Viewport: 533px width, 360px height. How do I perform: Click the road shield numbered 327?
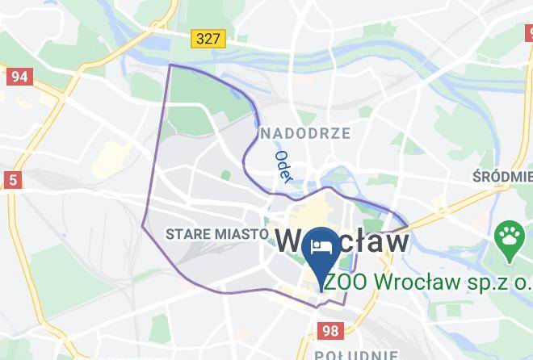(208, 38)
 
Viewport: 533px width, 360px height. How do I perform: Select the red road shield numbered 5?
(12, 179)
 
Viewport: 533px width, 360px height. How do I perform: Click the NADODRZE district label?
(304, 133)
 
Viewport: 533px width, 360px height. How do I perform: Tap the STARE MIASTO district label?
(216, 234)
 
